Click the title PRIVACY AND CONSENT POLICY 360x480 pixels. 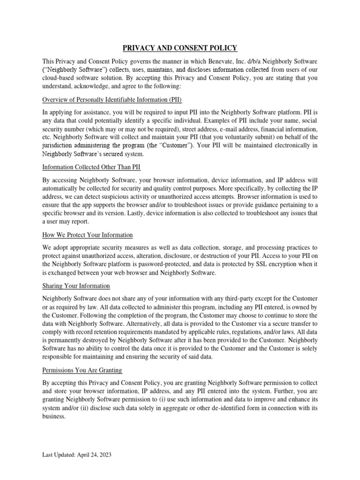pyautogui.click(x=180, y=47)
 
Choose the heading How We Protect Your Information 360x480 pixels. pyautogui.click(x=88, y=234)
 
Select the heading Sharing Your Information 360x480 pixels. pyautogui.click(x=76, y=285)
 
